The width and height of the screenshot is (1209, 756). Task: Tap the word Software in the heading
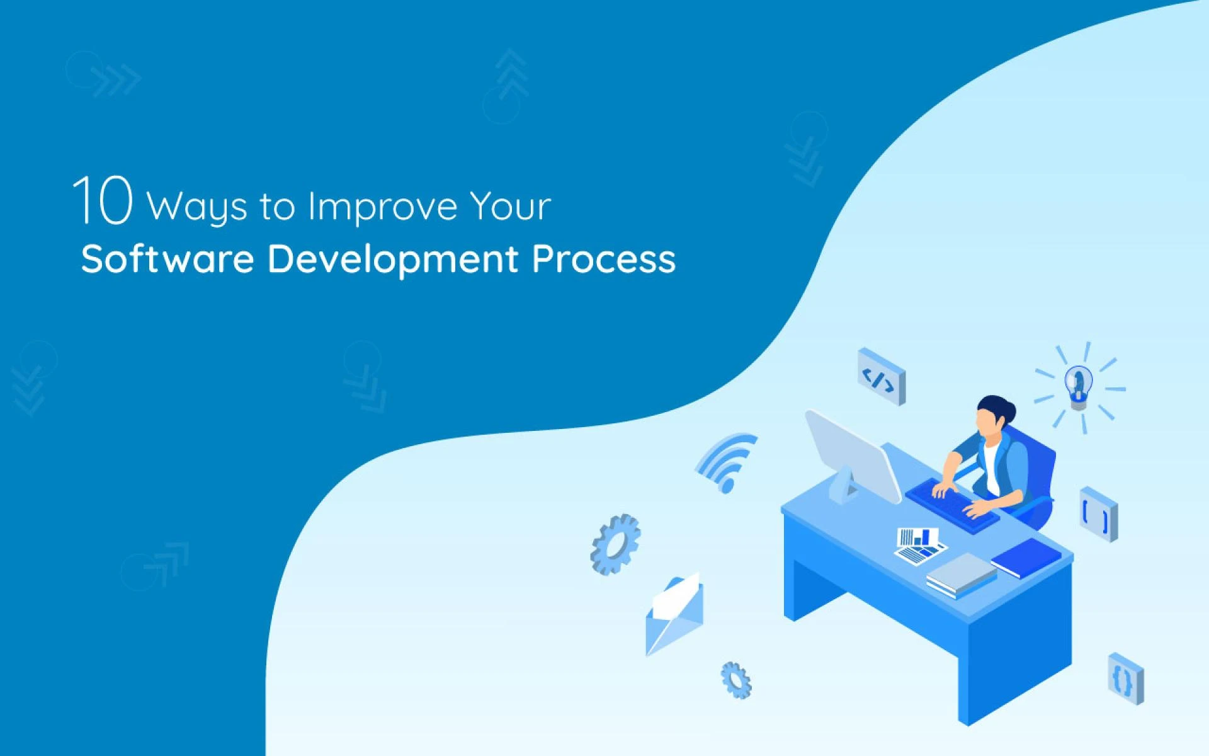click(167, 258)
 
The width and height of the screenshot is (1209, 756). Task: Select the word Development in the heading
click(392, 260)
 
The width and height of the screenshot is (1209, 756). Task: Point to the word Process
click(603, 260)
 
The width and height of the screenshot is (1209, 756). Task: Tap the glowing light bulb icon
click(1079, 386)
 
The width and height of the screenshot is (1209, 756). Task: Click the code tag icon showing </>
click(880, 376)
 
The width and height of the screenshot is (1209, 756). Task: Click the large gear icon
click(615, 544)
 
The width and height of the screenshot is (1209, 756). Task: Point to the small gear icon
click(736, 680)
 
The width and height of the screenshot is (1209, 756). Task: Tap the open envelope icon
click(674, 614)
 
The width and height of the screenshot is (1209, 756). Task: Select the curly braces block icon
click(1125, 679)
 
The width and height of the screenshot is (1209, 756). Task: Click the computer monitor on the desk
click(853, 457)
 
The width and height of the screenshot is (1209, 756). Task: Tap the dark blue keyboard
click(951, 504)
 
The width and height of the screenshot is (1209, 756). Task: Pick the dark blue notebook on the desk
click(1026, 558)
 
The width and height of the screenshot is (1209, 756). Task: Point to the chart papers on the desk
click(919, 545)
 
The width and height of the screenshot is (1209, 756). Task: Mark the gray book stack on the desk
click(960, 575)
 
